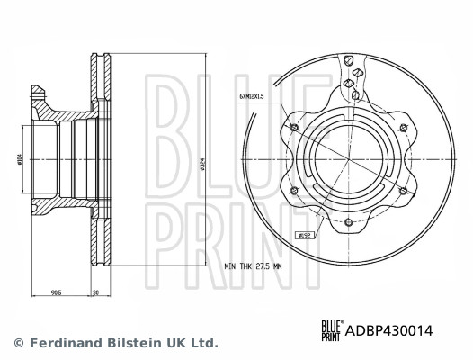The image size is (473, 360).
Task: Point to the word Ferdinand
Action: tap(61, 343)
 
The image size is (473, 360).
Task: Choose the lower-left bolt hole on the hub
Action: tap(294, 191)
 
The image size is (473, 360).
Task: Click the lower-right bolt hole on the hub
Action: tap(397, 191)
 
